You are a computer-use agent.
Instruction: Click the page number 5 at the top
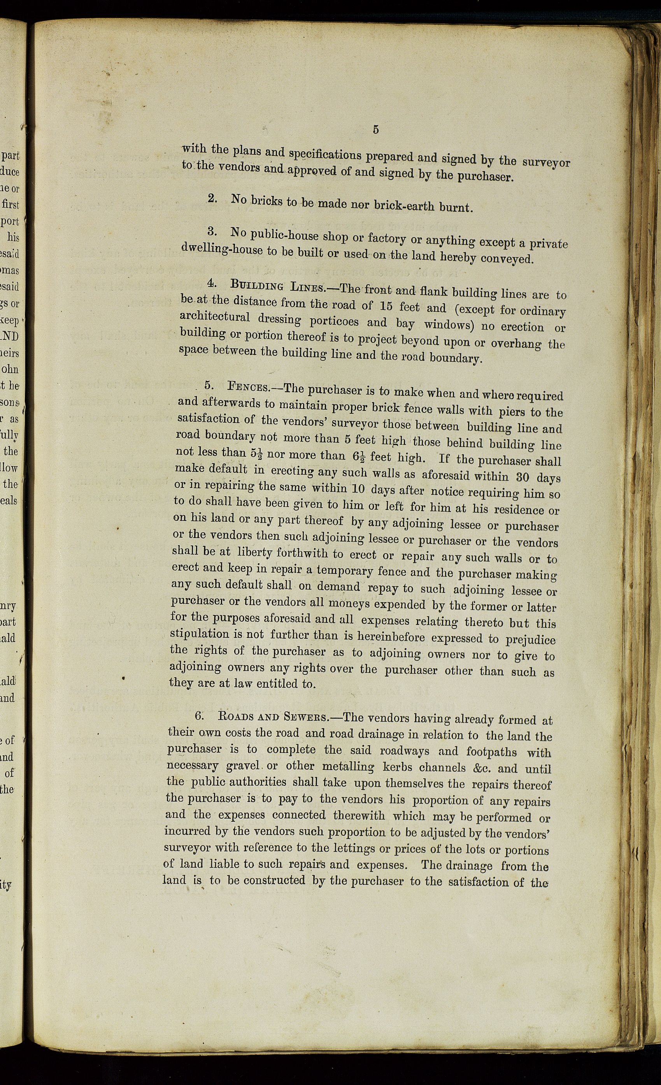click(x=375, y=129)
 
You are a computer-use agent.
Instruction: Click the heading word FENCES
click(x=248, y=388)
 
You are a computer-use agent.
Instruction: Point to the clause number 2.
click(x=212, y=198)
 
